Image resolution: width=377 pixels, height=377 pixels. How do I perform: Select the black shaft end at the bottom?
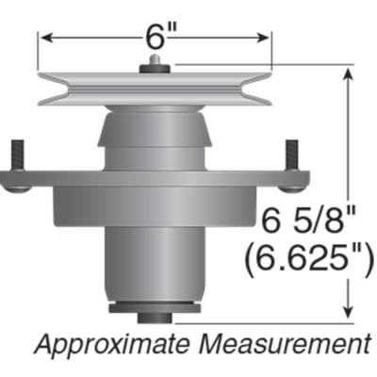click(155, 309)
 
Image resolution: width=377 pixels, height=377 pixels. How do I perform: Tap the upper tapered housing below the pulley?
click(155, 137)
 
